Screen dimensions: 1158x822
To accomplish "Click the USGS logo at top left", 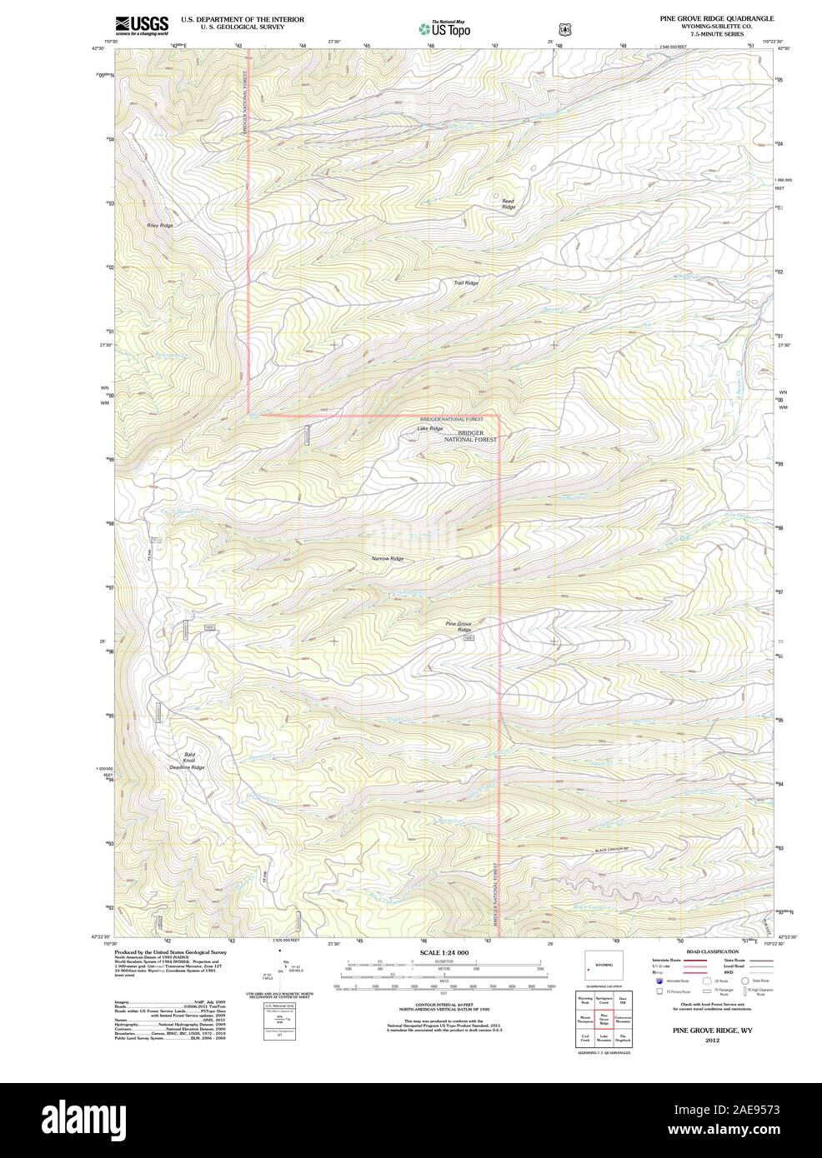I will (x=143, y=23).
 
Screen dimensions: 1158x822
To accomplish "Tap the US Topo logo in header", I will (x=444, y=28).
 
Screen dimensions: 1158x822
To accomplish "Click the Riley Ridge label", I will (x=159, y=226).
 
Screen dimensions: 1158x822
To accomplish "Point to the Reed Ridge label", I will (x=508, y=204).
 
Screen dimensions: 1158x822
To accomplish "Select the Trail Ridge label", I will (x=466, y=283).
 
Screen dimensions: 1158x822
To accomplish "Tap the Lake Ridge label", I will (x=430, y=428).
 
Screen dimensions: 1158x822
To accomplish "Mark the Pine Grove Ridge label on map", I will (x=459, y=626).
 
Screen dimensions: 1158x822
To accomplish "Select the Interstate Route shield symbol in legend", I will (x=659, y=981).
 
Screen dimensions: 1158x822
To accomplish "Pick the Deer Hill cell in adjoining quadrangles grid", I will (x=622, y=1001).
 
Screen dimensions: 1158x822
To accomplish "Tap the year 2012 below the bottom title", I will (x=711, y=1041).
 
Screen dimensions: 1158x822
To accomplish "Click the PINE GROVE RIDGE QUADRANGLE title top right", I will (x=714, y=17).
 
